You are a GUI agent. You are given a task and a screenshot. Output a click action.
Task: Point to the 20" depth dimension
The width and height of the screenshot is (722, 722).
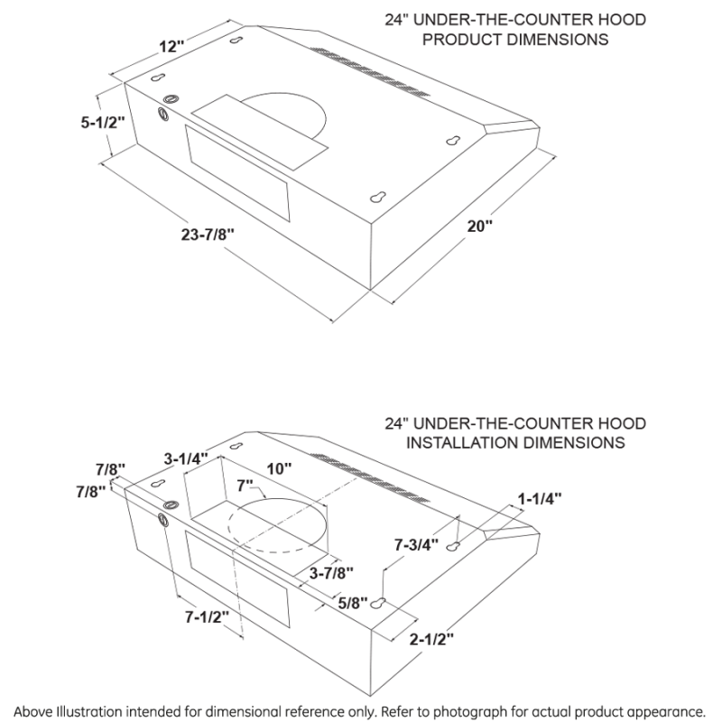(x=480, y=227)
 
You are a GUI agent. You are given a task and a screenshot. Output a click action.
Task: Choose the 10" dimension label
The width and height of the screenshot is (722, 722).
(x=280, y=468)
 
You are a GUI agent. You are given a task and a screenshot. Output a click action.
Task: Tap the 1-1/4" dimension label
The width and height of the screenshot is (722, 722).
(x=540, y=497)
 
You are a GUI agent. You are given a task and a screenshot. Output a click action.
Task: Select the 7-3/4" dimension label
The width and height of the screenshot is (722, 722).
(x=417, y=544)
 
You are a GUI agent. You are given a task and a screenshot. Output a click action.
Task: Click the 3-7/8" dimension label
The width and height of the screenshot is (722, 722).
(x=330, y=572)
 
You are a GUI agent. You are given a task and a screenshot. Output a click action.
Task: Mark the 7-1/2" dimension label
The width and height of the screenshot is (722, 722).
(x=205, y=619)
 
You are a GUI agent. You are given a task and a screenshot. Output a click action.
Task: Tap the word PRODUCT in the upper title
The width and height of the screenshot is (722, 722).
(x=460, y=40)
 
